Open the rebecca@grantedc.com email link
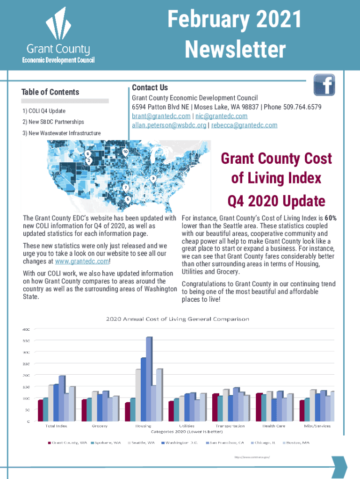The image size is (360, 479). (244, 125)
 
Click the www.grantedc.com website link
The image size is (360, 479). (82, 261)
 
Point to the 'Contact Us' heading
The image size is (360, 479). (150, 88)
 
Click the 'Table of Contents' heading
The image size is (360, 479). (50, 92)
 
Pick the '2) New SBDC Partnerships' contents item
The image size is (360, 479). (53, 122)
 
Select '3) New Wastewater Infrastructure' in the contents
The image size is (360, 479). (61, 133)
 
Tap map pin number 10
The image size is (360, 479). (125, 152)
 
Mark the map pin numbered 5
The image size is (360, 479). (128, 199)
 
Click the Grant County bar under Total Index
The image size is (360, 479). (41, 410)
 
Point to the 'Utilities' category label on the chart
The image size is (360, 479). (187, 426)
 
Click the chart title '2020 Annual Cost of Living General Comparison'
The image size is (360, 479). (177, 319)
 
